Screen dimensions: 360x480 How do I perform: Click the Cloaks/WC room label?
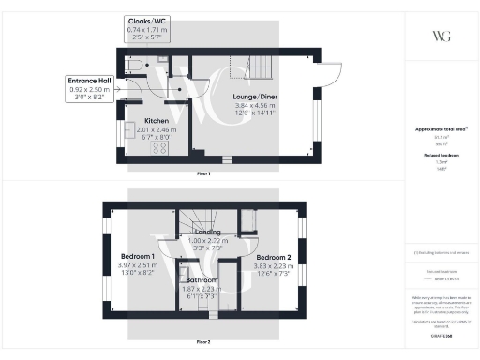(147, 21)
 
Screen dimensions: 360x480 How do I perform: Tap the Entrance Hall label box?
(90, 82)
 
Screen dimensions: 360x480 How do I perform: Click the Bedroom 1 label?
(138, 256)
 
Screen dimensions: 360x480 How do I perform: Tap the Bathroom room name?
(201, 279)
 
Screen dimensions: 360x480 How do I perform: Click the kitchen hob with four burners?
(147, 150)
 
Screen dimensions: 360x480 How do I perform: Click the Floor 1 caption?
(202, 174)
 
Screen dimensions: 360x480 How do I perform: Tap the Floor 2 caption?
(202, 343)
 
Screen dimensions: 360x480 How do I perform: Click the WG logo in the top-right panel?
(441, 36)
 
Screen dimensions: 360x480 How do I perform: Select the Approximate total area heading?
(441, 127)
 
